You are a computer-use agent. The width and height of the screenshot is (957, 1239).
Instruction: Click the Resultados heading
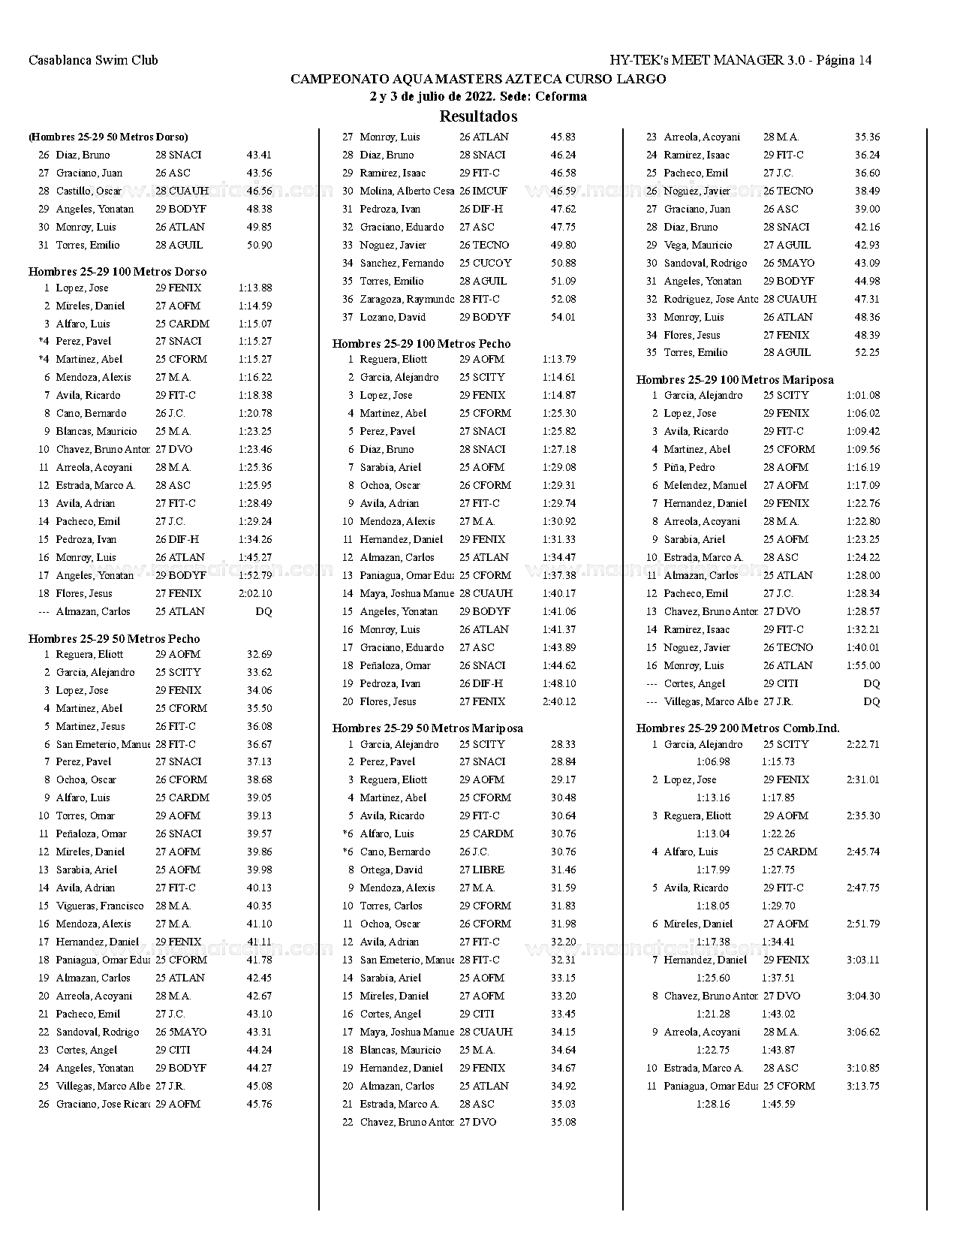click(x=478, y=116)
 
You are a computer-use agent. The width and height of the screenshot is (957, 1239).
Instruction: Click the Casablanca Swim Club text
click(x=93, y=60)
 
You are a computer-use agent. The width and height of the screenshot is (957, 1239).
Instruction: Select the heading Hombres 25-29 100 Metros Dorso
click(x=117, y=272)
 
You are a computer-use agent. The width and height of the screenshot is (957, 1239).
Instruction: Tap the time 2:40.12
click(x=559, y=702)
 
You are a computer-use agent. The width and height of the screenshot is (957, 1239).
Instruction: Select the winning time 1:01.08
click(x=863, y=396)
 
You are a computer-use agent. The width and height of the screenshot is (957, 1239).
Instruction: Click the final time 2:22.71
click(x=863, y=745)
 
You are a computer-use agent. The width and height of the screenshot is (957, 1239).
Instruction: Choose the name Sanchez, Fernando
click(x=402, y=264)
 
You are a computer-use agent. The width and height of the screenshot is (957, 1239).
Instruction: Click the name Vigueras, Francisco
click(x=100, y=906)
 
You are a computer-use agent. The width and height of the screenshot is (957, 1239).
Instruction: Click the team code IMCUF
click(x=489, y=191)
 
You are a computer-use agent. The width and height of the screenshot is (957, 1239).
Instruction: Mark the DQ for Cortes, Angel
click(x=871, y=684)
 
